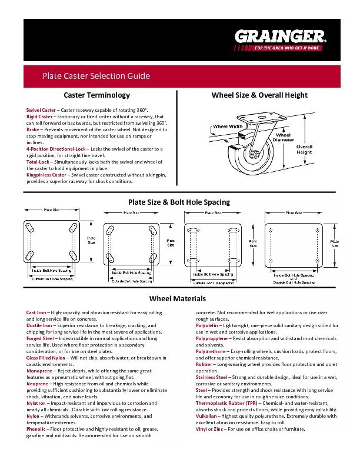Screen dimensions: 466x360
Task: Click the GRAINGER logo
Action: (279, 36)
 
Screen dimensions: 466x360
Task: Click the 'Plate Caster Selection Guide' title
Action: (96, 76)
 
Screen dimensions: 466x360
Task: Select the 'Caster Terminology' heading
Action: (96, 95)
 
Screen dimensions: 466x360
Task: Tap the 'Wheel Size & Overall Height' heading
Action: (259, 95)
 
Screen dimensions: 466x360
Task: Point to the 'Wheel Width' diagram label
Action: (228, 127)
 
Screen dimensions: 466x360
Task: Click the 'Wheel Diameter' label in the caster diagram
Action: (284, 138)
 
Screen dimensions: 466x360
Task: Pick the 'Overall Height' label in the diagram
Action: (304, 149)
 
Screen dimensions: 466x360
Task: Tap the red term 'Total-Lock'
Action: (38, 162)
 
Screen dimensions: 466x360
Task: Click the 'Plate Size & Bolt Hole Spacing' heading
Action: (179, 202)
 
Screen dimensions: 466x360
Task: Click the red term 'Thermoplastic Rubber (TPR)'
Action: (226, 402)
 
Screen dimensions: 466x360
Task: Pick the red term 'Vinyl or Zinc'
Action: (209, 428)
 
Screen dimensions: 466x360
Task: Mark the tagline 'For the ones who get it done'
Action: (286, 48)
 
